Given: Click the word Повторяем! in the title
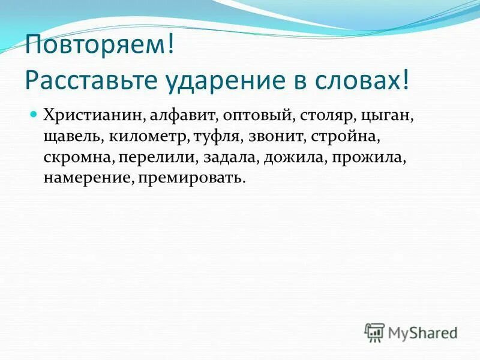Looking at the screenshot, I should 99,47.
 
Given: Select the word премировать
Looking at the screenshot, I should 191,178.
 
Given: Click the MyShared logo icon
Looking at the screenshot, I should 374,331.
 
